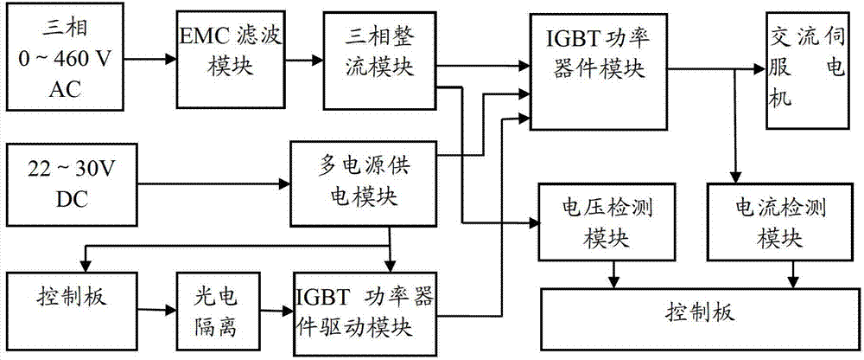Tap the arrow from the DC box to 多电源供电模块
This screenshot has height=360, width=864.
tap(207, 183)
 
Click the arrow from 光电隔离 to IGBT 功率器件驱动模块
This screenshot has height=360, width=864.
tap(268, 306)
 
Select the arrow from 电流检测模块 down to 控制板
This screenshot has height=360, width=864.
tap(793, 274)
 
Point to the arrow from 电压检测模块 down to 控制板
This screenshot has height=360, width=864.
tap(613, 274)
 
